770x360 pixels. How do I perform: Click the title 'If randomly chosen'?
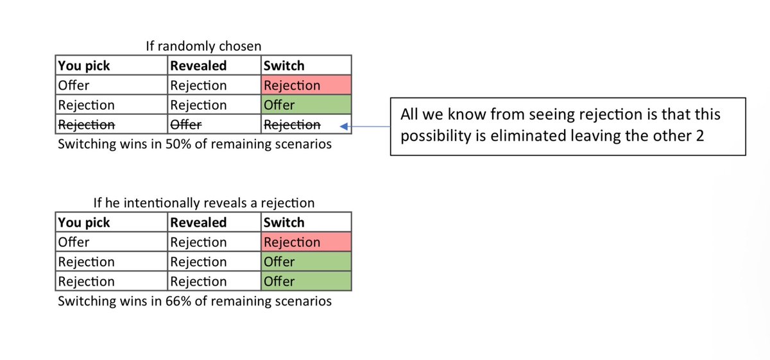[203, 46]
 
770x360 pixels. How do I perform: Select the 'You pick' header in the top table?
[84, 65]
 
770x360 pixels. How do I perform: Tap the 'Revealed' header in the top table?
[198, 65]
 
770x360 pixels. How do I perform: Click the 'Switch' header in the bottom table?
[284, 223]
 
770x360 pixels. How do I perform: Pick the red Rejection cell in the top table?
[306, 85]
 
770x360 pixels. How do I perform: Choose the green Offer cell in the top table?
[306, 105]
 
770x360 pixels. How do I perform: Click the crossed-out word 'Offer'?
[186, 124]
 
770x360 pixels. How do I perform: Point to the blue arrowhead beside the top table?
[344, 126]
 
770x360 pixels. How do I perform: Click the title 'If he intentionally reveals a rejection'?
[204, 203]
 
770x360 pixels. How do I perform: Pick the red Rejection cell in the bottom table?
[306, 242]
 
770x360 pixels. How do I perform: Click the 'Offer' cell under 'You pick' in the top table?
[74, 85]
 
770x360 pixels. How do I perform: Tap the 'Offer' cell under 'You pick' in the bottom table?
[74, 242]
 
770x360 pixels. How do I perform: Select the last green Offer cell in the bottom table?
[306, 281]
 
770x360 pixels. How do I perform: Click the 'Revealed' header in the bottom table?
[198, 223]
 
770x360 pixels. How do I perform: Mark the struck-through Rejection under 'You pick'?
[86, 124]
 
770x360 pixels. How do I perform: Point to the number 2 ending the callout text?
[700, 136]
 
